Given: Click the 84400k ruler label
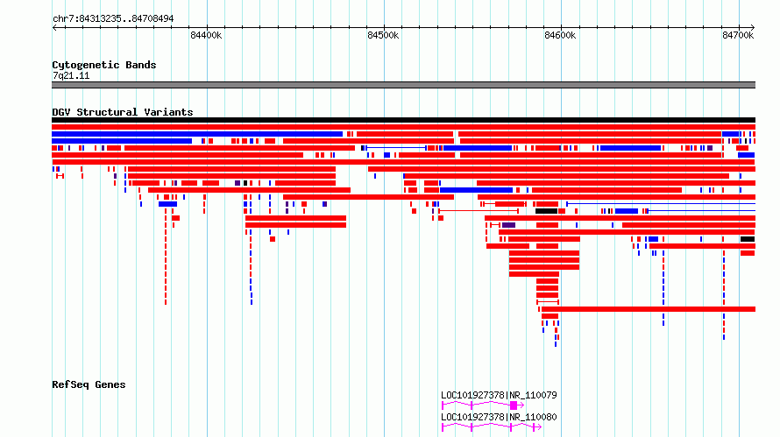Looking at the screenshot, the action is (x=206, y=35).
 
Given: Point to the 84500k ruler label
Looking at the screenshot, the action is (x=383, y=35).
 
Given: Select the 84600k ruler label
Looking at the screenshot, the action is (x=560, y=35).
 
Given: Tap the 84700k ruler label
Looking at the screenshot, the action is (x=738, y=35).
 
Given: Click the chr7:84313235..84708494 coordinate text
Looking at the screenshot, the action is (x=113, y=19).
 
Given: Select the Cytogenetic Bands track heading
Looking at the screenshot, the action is (x=104, y=65).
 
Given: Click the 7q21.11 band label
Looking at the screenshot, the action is (x=71, y=75).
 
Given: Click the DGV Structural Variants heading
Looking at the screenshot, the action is (x=123, y=112).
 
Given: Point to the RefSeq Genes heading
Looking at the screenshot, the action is (x=89, y=384).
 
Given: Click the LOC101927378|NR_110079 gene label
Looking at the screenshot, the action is (x=499, y=395).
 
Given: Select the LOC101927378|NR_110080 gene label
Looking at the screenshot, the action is (x=499, y=417).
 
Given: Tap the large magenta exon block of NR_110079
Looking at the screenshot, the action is (x=514, y=405).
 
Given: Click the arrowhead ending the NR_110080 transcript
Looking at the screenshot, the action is (x=539, y=427).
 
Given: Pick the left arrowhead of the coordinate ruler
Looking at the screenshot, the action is (x=54, y=27).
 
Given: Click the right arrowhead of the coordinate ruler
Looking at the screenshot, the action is (x=753, y=27).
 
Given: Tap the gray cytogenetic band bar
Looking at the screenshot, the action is (x=403, y=85).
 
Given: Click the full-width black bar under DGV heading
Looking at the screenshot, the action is (x=403, y=120).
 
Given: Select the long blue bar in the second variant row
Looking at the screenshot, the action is (x=197, y=134).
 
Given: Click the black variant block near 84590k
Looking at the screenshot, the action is (x=546, y=211).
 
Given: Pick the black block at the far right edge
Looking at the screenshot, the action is (x=748, y=239).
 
